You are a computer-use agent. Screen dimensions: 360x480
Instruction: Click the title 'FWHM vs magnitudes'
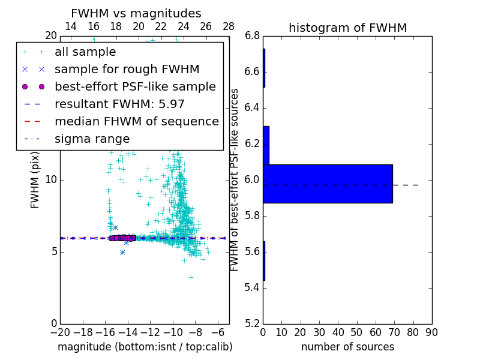pyautogui.click(x=136, y=14)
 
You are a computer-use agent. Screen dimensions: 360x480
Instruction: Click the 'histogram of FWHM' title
pyautogui.click(x=347, y=28)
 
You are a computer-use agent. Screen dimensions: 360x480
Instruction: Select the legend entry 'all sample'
pyautogui.click(x=85, y=52)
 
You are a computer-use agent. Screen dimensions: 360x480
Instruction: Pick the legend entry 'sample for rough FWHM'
pyautogui.click(x=127, y=70)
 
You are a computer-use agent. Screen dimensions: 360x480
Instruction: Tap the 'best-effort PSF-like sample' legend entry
pyautogui.click(x=135, y=87)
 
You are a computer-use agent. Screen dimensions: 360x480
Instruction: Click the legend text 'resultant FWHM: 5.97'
pyautogui.click(x=119, y=104)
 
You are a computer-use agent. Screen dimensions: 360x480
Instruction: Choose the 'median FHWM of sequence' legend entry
pyautogui.click(x=136, y=122)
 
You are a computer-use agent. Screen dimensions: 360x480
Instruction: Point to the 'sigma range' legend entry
pyautogui.click(x=92, y=139)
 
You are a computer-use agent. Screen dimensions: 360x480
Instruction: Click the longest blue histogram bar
pyautogui.click(x=328, y=184)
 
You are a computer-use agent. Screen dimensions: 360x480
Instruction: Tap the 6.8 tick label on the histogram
pyautogui.click(x=252, y=36)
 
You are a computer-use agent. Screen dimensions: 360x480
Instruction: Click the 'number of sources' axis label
pyautogui.click(x=347, y=347)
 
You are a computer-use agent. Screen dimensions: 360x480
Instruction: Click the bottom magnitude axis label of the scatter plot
pyautogui.click(x=145, y=347)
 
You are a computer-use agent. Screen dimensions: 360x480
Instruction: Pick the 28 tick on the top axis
pyautogui.click(x=229, y=26)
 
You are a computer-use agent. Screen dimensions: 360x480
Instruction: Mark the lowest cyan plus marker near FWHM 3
pyautogui.click(x=191, y=277)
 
